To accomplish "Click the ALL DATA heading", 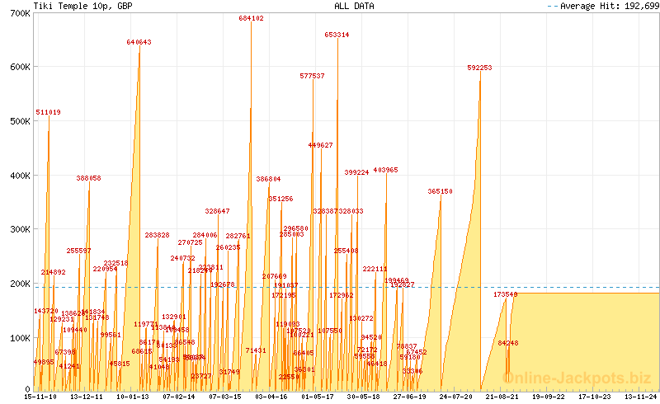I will click(x=354, y=6).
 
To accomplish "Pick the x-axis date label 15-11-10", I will click(x=40, y=396).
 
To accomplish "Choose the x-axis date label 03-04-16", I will click(x=271, y=396).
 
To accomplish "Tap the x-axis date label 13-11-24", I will click(x=641, y=396).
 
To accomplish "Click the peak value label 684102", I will click(x=251, y=18).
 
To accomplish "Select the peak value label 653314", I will click(x=337, y=35).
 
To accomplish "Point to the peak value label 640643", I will click(x=139, y=41).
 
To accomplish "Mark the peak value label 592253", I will click(x=479, y=68).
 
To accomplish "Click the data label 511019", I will click(x=48, y=112).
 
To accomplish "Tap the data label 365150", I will click(x=440, y=191).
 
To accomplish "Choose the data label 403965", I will click(x=385, y=170).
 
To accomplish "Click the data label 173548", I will click(x=505, y=294).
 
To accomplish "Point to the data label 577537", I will click(x=312, y=76).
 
